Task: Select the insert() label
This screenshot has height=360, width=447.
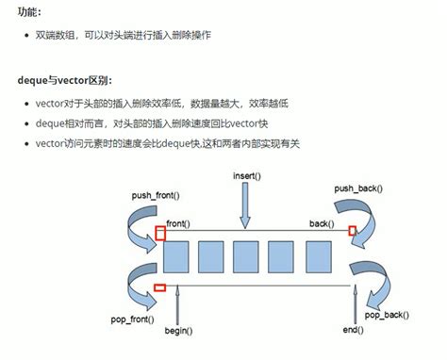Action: (x=245, y=176)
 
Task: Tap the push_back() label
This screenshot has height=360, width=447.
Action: (x=358, y=188)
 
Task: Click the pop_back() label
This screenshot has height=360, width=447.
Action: (x=387, y=314)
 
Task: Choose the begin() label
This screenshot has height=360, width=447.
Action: (x=178, y=330)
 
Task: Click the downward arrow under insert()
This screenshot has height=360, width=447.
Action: (x=245, y=207)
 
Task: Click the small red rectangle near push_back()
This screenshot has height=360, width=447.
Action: (x=354, y=232)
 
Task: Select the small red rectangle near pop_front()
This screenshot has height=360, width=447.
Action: (x=159, y=287)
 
